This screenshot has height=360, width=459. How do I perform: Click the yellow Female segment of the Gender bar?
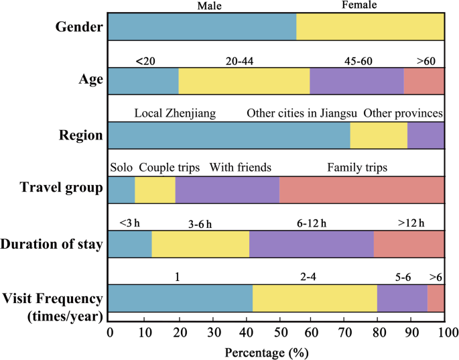coord(370,27)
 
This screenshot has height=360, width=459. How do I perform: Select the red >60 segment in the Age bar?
coord(424,81)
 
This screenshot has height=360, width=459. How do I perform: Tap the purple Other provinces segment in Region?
coord(425,135)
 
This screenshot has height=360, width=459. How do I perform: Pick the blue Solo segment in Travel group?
coord(122,190)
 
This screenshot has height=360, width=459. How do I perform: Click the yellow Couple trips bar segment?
coord(155,190)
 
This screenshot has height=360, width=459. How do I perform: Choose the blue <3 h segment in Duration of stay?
coord(130,244)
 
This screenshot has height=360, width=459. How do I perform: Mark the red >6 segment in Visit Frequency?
coord(436,298)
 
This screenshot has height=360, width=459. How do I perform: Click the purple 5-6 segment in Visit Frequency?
coord(403,298)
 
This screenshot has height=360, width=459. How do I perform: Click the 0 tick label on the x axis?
coord(110,333)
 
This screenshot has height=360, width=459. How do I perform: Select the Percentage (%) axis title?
coord(267,353)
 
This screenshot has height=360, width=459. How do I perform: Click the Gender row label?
coord(79,27)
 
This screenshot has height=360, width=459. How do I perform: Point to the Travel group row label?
coord(61,188)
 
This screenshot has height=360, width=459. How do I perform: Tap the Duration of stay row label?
coord(52,244)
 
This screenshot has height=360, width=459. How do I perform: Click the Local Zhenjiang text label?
coord(175,113)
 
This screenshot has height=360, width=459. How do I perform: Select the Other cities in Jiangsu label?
coord(302,113)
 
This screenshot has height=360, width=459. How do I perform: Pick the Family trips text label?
coord(357,168)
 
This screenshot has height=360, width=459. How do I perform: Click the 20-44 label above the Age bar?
coord(239,61)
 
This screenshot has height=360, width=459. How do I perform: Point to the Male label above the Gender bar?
coord(209,6)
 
